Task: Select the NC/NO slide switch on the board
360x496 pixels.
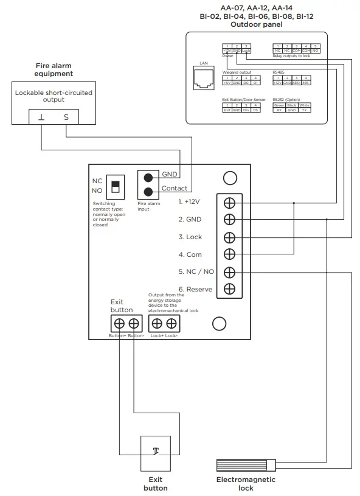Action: (114, 185)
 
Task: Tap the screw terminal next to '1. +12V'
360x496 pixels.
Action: (229, 202)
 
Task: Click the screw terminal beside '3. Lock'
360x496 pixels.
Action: (229, 237)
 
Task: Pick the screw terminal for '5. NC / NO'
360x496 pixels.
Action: (229, 272)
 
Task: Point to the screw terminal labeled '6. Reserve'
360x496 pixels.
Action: (229, 289)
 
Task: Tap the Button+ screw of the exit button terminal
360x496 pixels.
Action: (120, 324)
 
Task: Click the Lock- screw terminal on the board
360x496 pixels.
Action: (173, 324)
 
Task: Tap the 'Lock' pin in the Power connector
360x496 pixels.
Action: (246, 51)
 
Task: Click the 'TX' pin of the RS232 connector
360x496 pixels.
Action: (305, 110)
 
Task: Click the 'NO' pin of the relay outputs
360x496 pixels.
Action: (316, 51)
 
